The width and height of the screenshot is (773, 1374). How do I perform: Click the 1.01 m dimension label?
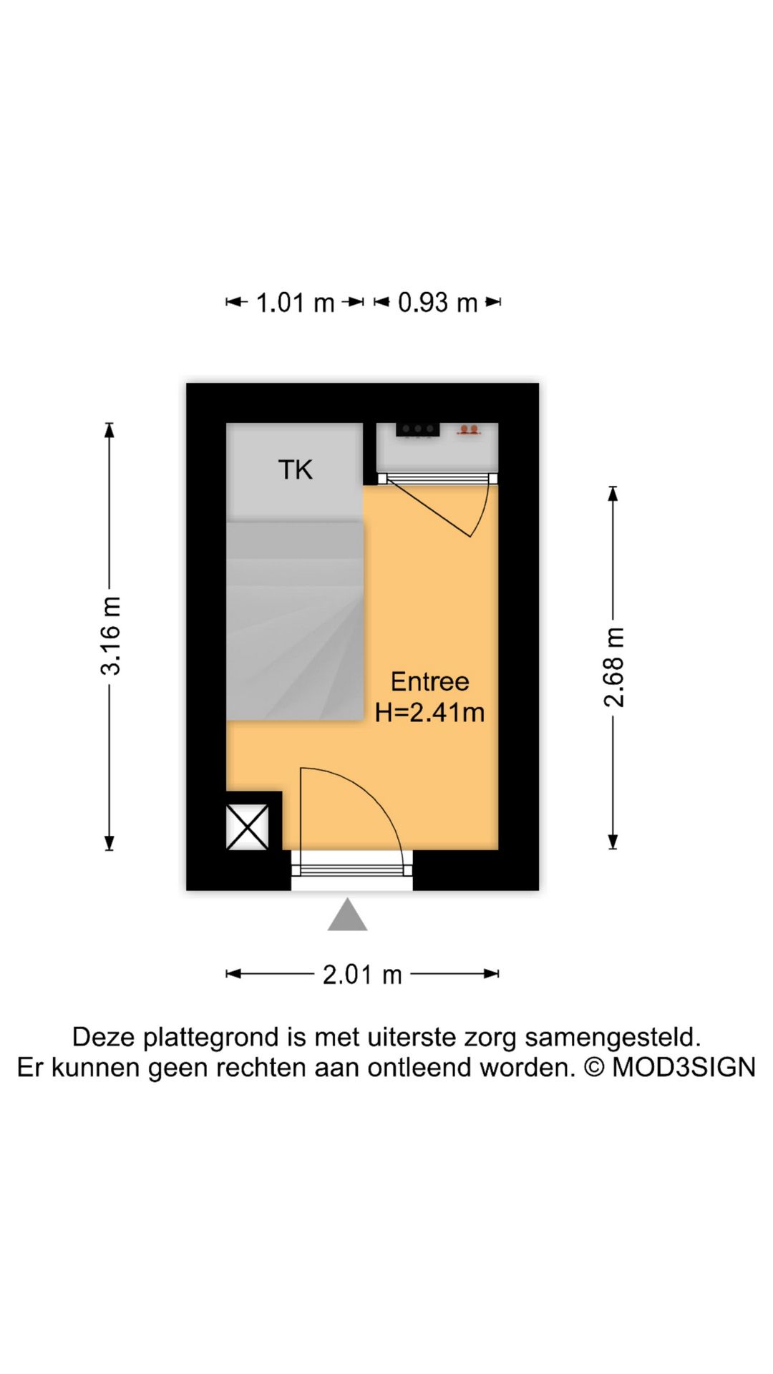295,303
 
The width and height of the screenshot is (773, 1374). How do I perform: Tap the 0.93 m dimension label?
437,303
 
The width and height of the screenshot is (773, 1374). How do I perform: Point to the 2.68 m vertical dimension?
614,667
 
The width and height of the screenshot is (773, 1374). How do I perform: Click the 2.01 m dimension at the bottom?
362,975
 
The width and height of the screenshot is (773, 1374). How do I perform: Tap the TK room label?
295,470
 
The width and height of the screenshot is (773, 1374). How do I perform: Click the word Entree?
429,681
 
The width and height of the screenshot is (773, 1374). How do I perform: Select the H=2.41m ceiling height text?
429,713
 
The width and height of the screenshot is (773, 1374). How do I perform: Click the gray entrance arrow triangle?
347,917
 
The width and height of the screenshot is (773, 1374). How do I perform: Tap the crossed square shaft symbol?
248,827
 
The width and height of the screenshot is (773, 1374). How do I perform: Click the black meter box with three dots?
417,429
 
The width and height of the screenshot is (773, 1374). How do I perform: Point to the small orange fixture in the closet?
469,430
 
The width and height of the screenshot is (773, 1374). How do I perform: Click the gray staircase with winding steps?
295,620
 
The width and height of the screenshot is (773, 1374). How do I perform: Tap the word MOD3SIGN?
684,1067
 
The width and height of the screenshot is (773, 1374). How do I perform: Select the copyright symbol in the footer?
594,1067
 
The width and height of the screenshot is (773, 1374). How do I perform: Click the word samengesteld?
612,1037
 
